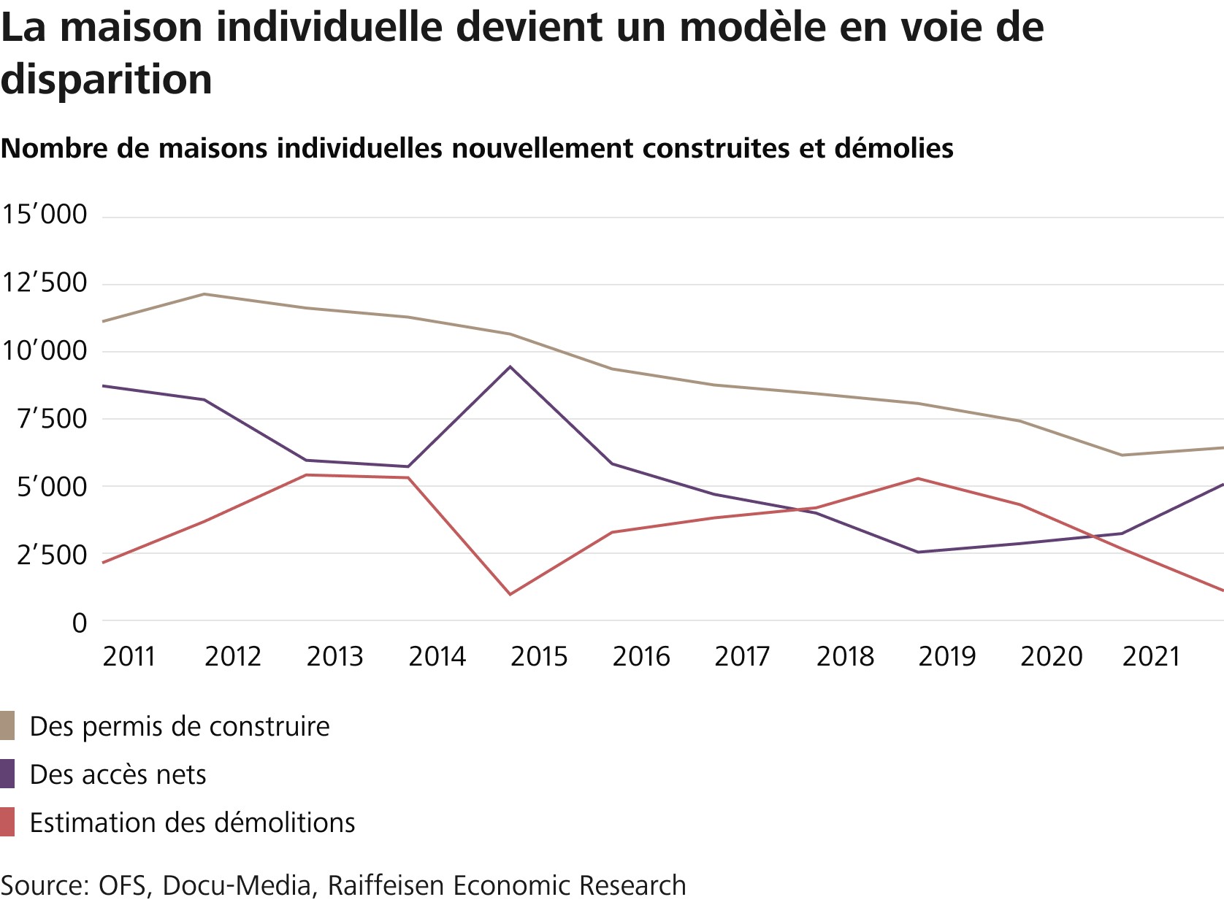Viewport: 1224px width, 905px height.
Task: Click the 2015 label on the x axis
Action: [538, 657]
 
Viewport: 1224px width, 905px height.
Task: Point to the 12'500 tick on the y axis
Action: [45, 283]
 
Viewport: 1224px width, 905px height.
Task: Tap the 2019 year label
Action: [946, 657]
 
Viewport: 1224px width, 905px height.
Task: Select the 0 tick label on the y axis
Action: [79, 623]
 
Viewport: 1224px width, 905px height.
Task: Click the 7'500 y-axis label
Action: [45, 420]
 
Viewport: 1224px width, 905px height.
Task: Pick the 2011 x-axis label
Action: [129, 657]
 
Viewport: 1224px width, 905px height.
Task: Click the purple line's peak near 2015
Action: [510, 366]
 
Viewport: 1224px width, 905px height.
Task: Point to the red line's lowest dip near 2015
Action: [510, 594]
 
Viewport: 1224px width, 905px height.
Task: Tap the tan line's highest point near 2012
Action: [204, 294]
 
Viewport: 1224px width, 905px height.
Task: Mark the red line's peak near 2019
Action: [918, 479]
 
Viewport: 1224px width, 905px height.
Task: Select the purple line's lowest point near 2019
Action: [918, 552]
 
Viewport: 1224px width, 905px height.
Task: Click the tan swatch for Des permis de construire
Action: [7, 726]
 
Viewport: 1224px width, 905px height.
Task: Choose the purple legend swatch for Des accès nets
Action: [7, 774]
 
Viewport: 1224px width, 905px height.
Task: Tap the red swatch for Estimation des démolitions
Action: [7, 823]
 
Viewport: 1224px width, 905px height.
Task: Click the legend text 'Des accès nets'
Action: [118, 774]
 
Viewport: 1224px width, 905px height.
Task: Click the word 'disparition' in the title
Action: [106, 80]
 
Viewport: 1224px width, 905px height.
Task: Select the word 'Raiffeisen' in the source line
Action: [386, 885]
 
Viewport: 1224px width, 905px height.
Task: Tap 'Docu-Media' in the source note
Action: [237, 885]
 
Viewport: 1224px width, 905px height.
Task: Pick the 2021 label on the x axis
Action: [1151, 657]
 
